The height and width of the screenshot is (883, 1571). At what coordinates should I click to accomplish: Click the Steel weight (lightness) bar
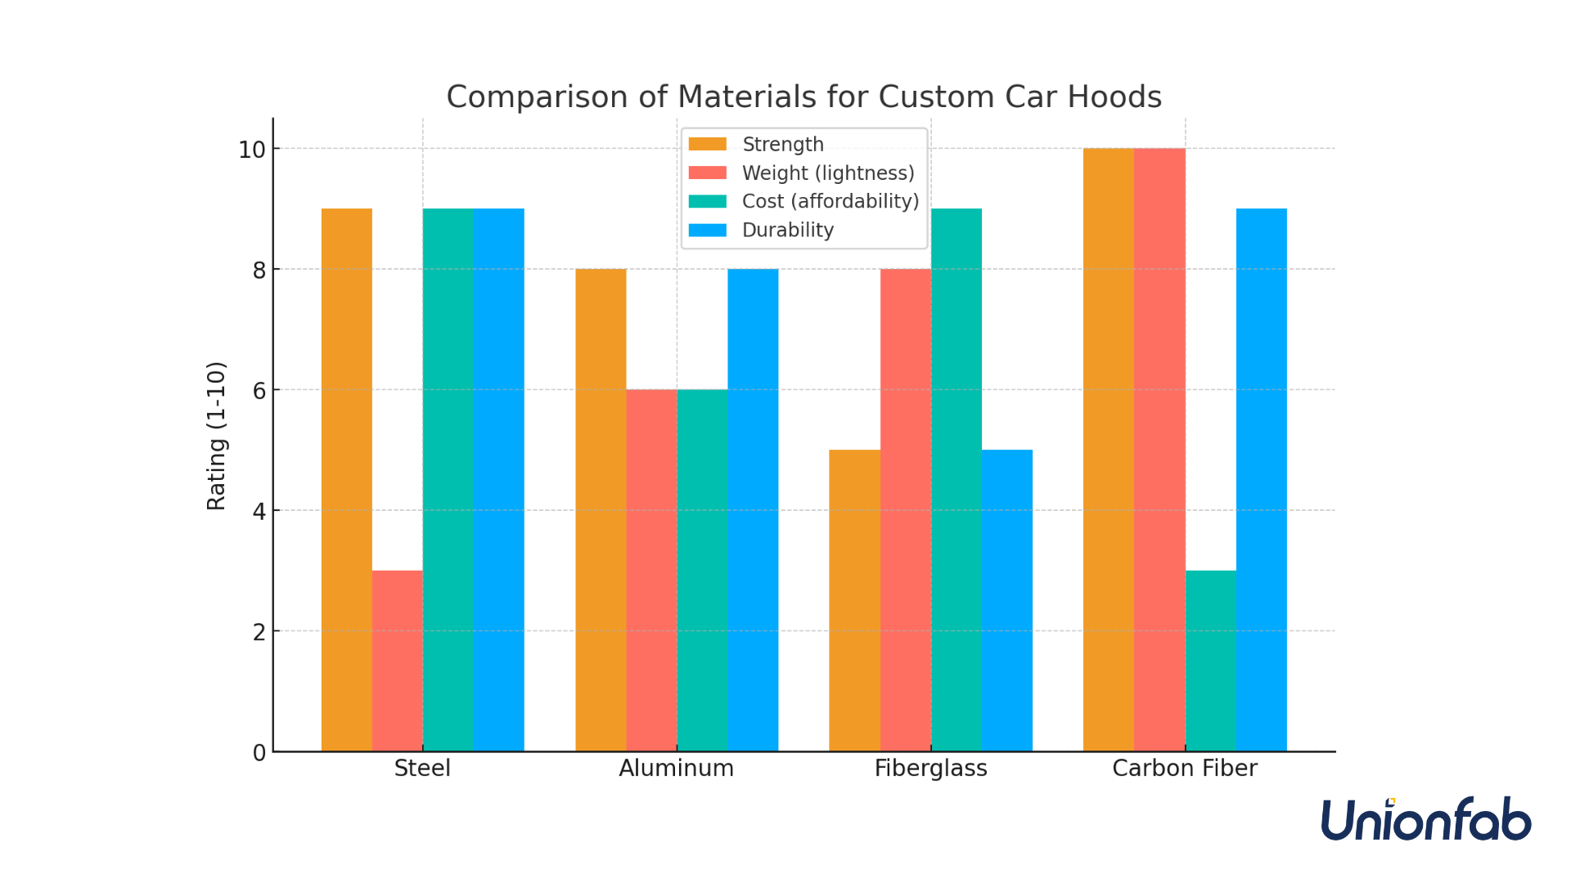[397, 661]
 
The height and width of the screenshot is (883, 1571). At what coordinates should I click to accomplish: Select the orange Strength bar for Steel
[346, 480]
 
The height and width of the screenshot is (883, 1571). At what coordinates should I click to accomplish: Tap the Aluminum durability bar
[753, 510]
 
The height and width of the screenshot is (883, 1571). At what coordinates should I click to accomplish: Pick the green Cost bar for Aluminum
[702, 570]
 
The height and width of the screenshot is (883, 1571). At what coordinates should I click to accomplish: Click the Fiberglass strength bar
[854, 600]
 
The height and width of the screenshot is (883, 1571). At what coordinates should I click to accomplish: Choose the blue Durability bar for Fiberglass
[1006, 600]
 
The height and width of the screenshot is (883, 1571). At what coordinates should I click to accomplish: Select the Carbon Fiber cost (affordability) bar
[1210, 661]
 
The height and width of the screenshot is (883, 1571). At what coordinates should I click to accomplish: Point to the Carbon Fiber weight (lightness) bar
[1159, 450]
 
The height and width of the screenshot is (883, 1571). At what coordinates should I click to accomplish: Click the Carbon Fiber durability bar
[1261, 480]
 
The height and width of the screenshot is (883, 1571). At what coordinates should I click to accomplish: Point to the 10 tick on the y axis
[252, 150]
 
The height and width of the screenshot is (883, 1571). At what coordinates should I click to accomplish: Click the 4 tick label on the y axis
[259, 512]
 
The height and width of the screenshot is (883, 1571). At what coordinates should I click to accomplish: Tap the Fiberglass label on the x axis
[930, 769]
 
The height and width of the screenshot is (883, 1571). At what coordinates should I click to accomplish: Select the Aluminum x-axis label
[676, 769]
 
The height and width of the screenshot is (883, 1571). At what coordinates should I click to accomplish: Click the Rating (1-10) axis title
[216, 436]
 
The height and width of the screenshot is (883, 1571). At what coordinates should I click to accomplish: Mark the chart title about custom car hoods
[804, 96]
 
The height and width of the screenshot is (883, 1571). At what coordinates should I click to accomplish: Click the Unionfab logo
[1425, 819]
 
